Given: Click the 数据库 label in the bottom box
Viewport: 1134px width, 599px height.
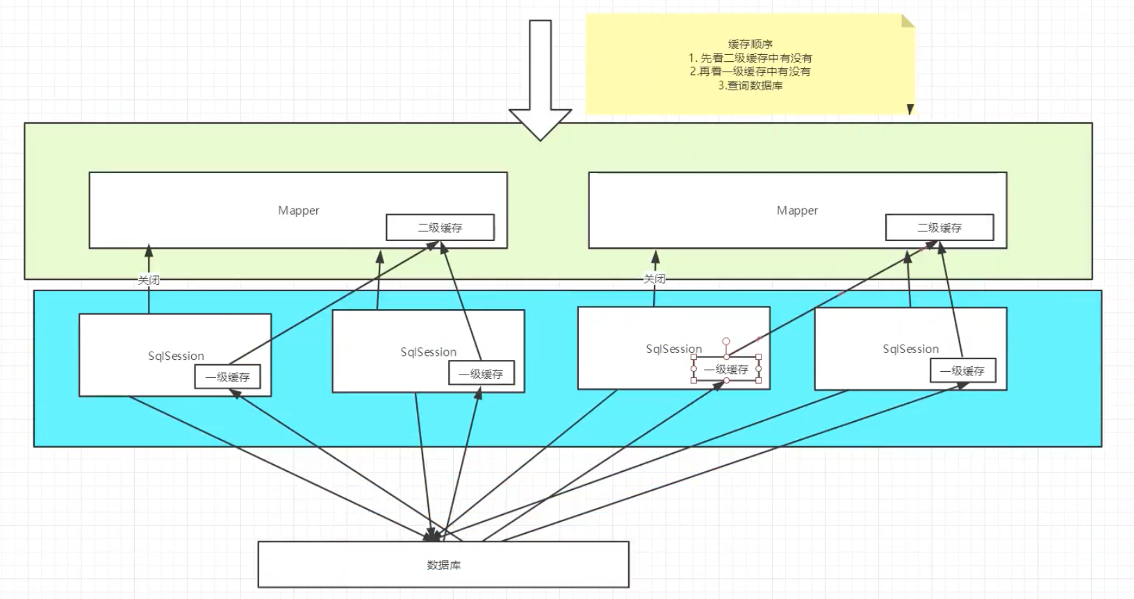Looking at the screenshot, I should point(443,565).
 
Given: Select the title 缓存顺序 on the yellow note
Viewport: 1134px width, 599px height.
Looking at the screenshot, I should point(750,44).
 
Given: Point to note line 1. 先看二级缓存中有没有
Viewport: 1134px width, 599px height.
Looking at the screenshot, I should point(750,58).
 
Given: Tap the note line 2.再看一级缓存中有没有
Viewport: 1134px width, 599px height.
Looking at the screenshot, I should point(750,72).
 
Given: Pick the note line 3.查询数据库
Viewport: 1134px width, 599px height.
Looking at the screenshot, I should point(750,85).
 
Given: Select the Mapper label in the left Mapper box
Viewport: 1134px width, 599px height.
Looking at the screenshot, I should point(298,211).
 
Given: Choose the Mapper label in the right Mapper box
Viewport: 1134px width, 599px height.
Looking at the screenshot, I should point(797,211).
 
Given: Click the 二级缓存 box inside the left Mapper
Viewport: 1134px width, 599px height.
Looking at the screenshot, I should point(440,228).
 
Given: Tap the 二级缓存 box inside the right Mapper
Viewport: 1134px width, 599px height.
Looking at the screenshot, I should point(939,228).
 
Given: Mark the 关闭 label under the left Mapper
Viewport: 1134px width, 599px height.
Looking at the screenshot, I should point(149,280).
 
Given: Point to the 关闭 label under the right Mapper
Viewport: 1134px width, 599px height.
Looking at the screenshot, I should point(655,279).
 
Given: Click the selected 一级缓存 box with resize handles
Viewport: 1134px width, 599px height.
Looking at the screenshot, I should point(726,370).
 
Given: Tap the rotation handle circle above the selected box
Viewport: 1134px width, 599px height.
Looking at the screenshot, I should point(726,342).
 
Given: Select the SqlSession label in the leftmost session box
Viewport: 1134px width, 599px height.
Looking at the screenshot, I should point(176,356).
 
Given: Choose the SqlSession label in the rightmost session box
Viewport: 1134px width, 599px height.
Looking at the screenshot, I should point(910,349).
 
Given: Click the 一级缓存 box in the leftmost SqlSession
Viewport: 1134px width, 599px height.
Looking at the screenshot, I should point(227,377).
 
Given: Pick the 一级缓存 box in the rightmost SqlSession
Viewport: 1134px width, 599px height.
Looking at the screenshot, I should point(962,371).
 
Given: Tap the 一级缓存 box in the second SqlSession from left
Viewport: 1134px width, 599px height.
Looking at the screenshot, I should point(481,374).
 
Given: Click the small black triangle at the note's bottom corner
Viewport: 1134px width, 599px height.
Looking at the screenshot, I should point(910,109).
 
